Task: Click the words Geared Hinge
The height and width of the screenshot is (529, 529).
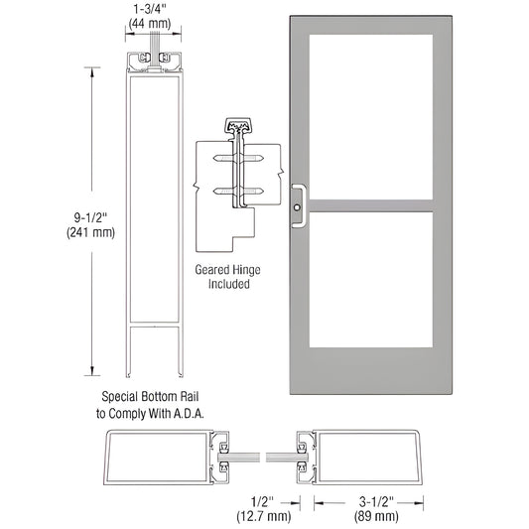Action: pos(222,268)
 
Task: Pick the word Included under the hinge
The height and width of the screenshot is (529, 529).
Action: pos(222,284)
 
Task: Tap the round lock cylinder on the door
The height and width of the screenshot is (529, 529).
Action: pos(299,208)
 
